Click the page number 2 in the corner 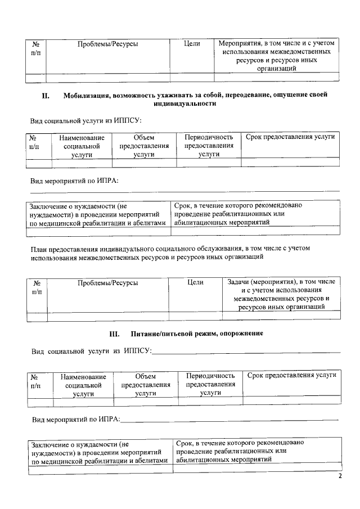pyautogui.click(x=340, y=477)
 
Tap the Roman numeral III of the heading pyautogui.click(x=114, y=334)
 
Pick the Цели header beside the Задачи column pyautogui.click(x=195, y=282)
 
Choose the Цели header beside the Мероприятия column pyautogui.click(x=192, y=43)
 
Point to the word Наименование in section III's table pyautogui.click(x=83, y=376)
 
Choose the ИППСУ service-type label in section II pyautogui.click(x=85, y=120)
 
